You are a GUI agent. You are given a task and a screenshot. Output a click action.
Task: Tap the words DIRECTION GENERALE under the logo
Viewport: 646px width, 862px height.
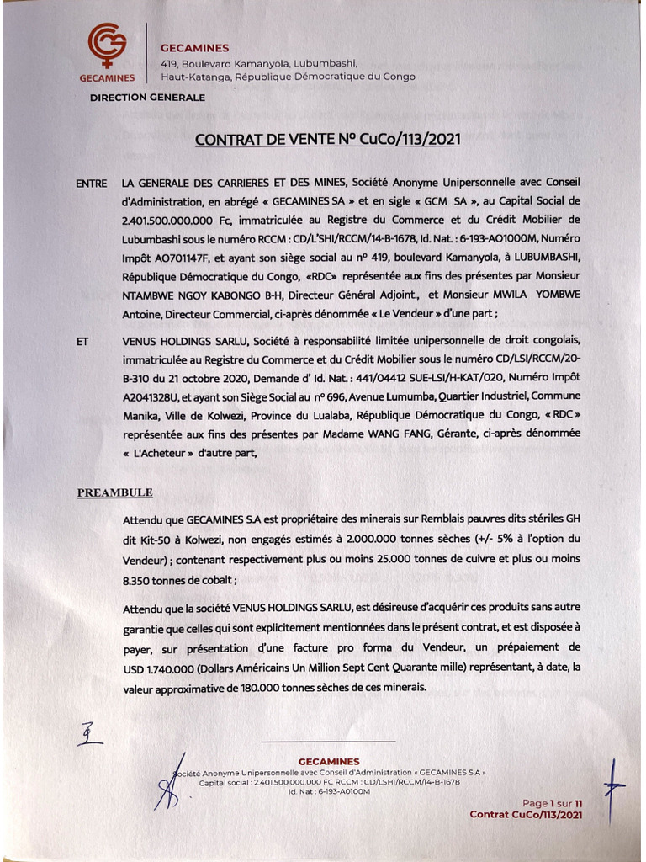[147, 98]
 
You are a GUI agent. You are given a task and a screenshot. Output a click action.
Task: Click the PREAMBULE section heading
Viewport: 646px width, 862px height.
[115, 492]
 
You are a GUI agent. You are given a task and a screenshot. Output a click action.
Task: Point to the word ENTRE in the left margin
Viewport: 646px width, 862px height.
[91, 183]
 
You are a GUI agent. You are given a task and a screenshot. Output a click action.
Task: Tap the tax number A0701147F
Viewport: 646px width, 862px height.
[181, 257]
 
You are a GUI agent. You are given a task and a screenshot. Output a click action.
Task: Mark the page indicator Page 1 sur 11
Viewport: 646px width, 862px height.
[553, 803]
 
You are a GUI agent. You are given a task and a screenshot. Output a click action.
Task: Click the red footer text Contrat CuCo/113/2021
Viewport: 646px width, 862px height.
[526, 815]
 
